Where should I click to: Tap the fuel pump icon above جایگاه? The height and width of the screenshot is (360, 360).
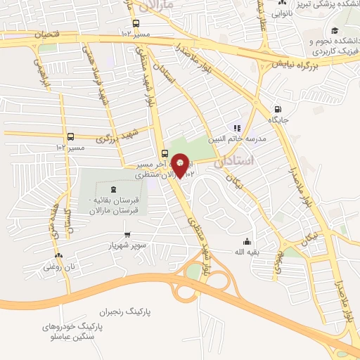tap(278, 110)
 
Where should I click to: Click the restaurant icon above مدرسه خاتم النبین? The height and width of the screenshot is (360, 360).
tap(237, 129)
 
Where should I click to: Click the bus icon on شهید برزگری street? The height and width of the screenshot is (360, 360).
tap(70, 136)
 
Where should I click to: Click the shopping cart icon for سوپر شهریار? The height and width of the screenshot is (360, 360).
tap(127, 236)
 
